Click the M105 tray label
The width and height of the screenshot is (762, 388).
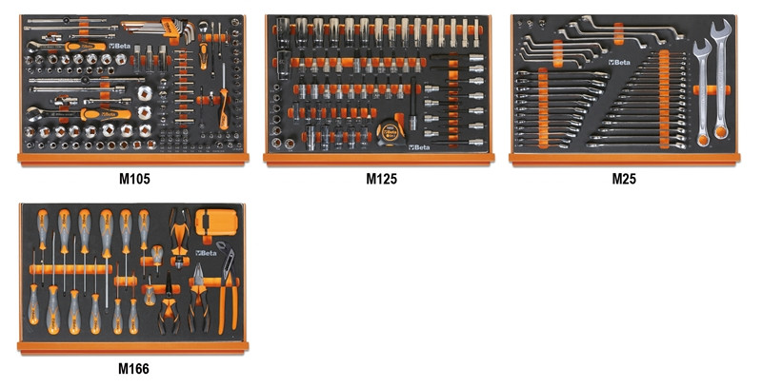pyautogui.click(x=134, y=179)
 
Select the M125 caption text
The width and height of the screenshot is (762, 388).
pyautogui.click(x=382, y=179)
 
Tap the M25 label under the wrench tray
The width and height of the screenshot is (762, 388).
pyautogui.click(x=624, y=179)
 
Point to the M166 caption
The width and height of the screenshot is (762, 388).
pyautogui.click(x=133, y=369)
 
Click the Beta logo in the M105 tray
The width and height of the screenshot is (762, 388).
pyautogui.click(x=120, y=46)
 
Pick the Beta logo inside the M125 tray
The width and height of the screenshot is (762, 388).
pyautogui.click(x=420, y=147)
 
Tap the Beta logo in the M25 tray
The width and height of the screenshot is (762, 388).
pyautogui.click(x=619, y=62)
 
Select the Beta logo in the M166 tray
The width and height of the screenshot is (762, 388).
pyautogui.click(x=206, y=253)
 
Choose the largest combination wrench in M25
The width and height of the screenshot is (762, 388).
pyautogui.click(x=721, y=78)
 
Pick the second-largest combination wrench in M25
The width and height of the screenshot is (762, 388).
pyautogui.click(x=702, y=92)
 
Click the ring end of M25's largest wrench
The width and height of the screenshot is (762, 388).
pyautogui.click(x=721, y=131)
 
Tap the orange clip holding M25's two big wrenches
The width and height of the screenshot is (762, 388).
pyautogui.click(x=712, y=90)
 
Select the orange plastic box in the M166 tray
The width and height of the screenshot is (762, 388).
pyautogui.click(x=216, y=223)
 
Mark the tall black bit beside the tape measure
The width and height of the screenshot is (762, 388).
pyautogui.click(x=412, y=105)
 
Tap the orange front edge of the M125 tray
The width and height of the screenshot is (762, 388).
pyautogui.click(x=378, y=159)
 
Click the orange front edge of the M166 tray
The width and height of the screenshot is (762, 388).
pyautogui.click(x=132, y=346)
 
